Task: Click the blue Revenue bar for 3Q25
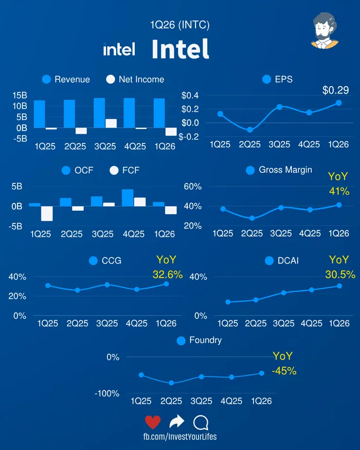click(x=99, y=113)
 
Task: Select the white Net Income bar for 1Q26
click(x=171, y=132)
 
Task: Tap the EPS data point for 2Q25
click(x=250, y=130)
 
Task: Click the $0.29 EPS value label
click(x=335, y=90)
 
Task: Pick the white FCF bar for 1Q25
click(x=47, y=214)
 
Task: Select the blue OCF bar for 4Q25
click(x=127, y=198)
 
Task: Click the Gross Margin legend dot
click(x=251, y=170)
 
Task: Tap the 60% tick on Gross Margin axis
click(x=193, y=187)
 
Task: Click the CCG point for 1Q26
click(x=166, y=284)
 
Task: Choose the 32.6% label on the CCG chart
click(x=167, y=274)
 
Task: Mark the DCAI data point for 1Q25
click(x=228, y=302)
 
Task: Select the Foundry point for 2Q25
click(x=171, y=383)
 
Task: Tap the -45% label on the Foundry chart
click(x=284, y=371)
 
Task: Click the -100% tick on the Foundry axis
click(x=107, y=394)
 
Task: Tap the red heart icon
click(x=153, y=422)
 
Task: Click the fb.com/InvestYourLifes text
click(x=180, y=437)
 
